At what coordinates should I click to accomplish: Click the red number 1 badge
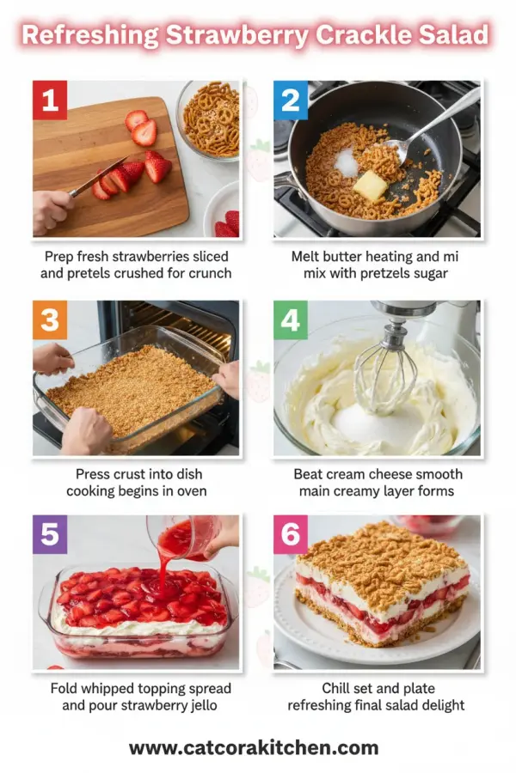point(50,100)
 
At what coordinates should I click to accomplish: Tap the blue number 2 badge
point(291,100)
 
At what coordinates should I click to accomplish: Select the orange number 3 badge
point(50,320)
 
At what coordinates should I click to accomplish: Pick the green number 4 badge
point(291,320)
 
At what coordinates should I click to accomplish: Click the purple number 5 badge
point(50,534)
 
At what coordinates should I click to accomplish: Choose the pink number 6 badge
point(291,534)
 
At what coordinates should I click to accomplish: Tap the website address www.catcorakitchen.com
point(254,747)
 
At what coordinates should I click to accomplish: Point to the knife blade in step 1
point(101,175)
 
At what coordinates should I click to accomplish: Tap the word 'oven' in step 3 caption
point(189,491)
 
